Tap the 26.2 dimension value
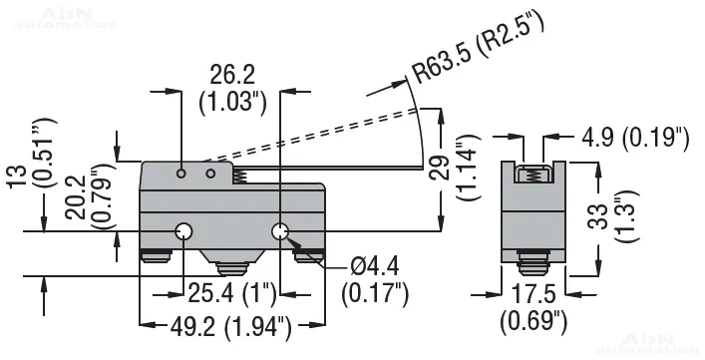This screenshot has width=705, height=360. pyautogui.click(x=232, y=75)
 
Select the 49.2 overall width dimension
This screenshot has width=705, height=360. pyautogui.click(x=192, y=328)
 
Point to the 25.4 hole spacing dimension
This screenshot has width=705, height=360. pyautogui.click(x=210, y=294)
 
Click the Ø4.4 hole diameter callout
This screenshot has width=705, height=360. pyautogui.click(x=375, y=268)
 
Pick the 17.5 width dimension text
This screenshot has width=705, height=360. pyautogui.click(x=533, y=294)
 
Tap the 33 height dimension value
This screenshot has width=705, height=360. pyautogui.click(x=598, y=216)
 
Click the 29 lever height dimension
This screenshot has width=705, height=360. pyautogui.click(x=439, y=168)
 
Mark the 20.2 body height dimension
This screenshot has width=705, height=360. pyautogui.click(x=75, y=197)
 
